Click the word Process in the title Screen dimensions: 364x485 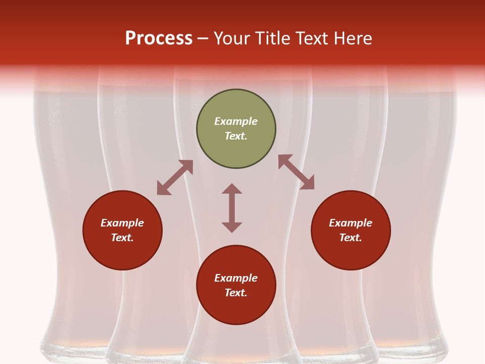(x=159, y=38)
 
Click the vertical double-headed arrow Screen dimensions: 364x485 (x=232, y=208)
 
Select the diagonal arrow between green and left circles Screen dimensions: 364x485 (x=175, y=177)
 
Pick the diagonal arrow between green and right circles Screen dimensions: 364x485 (x=296, y=172)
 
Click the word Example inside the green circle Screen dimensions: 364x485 (x=236, y=121)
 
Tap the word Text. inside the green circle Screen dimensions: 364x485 (x=236, y=136)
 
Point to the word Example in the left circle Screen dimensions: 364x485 (x=122, y=223)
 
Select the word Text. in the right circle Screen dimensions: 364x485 (x=351, y=238)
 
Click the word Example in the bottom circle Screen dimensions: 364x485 (x=236, y=278)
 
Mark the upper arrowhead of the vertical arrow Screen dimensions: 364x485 (x=232, y=189)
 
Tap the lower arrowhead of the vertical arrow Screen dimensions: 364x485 (x=232, y=227)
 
